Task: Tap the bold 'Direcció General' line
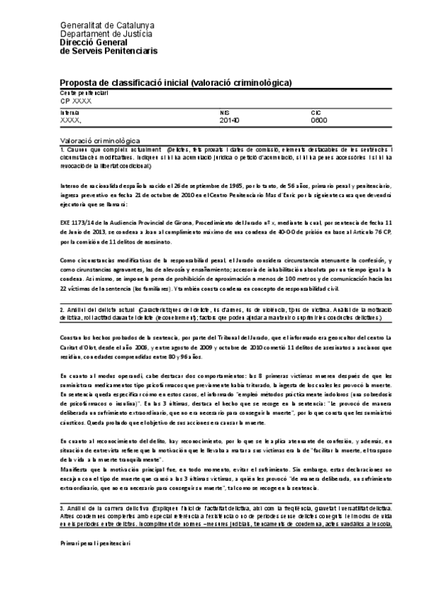point(93,42)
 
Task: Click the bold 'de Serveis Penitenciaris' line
point(109,51)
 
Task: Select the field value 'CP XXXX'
point(76,101)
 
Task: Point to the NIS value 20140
point(230,120)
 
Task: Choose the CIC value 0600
point(319,120)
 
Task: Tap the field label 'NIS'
point(225,113)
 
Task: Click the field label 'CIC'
point(315,113)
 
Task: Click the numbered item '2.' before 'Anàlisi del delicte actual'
point(62,309)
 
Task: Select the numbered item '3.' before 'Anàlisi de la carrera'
point(62,507)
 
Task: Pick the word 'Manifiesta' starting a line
point(74,467)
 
